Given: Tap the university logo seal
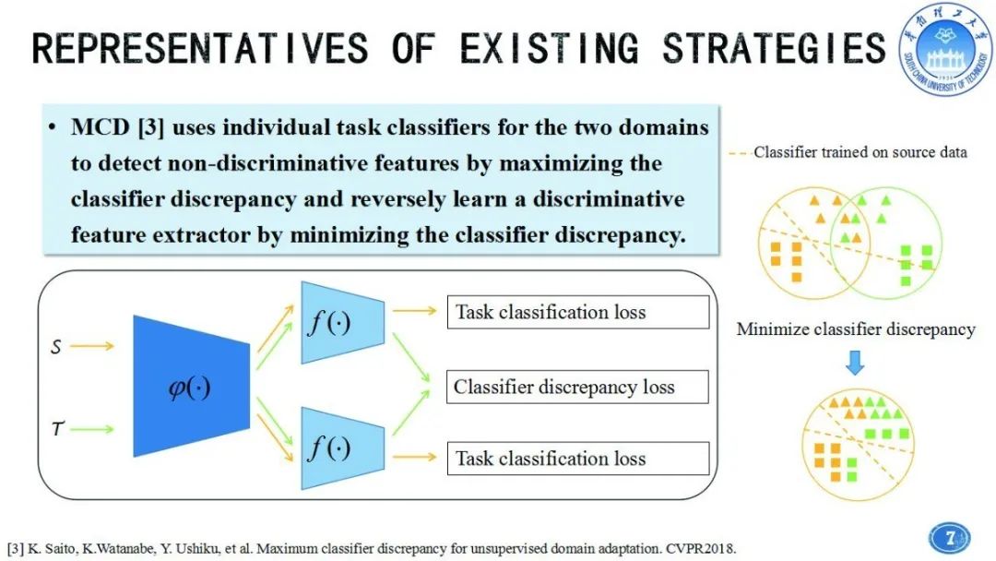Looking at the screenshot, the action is [946, 50].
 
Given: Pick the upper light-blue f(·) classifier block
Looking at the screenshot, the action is [341, 323].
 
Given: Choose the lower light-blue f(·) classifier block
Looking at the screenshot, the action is [341, 448].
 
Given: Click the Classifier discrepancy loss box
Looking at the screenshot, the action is [577, 388].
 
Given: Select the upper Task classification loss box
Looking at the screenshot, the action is [577, 312].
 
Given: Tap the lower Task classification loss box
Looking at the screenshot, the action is [577, 459].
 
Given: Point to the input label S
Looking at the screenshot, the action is [56, 349].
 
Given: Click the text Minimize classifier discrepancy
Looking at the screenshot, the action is [855, 329].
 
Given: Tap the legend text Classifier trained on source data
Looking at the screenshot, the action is [860, 151].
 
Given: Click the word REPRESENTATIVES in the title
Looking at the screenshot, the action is [199, 48].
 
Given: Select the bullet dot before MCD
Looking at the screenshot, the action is [55, 127].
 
